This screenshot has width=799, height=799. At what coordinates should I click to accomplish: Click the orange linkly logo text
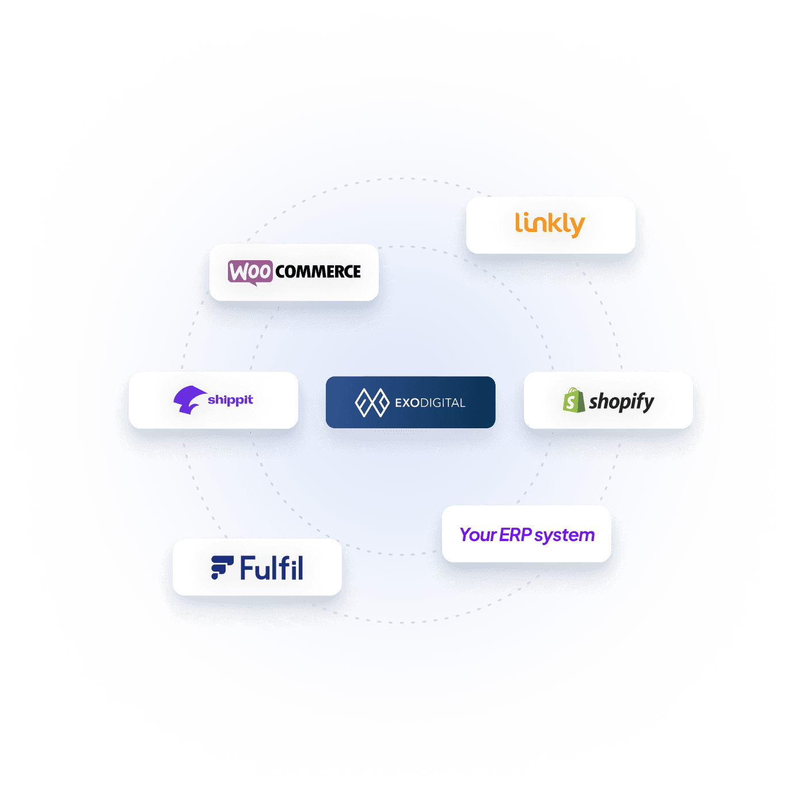550,224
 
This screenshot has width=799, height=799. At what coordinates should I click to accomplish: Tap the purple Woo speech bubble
250,272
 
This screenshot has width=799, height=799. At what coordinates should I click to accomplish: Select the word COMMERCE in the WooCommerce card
318,272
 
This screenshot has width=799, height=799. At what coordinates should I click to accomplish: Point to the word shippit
230,400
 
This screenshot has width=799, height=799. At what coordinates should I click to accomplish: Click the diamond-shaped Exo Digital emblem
372,402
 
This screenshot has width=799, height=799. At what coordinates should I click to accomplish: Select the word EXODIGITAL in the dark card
430,403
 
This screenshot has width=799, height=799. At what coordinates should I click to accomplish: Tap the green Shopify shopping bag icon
573,401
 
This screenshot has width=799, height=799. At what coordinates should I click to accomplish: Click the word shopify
621,401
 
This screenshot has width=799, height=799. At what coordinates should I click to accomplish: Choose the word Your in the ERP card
478,535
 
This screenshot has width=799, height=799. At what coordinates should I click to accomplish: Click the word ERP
515,535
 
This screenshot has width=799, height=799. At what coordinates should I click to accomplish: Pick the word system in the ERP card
564,535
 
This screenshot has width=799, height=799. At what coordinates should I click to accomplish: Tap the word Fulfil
271,568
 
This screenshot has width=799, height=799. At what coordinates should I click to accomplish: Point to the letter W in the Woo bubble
238,271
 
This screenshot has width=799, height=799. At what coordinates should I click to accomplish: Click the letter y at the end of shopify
648,403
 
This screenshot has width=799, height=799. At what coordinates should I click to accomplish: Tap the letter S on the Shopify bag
570,402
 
